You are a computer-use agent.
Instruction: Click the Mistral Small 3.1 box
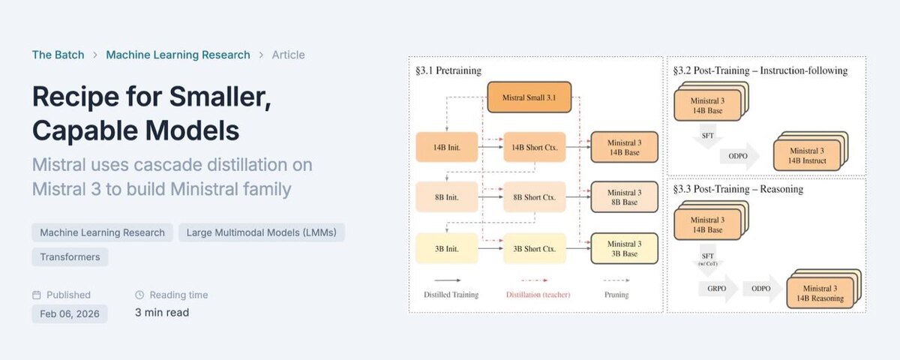529,97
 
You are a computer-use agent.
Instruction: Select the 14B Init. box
448,148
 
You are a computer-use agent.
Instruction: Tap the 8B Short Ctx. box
534,197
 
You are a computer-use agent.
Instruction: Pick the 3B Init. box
448,248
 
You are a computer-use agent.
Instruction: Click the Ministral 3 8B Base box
624,197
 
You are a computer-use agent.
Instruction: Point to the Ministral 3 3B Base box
624,248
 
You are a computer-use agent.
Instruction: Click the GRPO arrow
717,288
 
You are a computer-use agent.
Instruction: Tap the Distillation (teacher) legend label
537,295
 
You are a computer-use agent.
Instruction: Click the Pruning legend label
616,295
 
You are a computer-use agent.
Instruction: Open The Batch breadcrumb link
58,55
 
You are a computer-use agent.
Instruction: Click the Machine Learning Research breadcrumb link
178,55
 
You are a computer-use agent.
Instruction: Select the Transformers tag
70,257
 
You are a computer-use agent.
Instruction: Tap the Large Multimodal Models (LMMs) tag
261,232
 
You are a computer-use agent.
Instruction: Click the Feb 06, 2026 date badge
69,313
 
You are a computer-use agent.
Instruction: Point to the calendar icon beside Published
37,295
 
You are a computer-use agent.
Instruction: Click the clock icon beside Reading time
139,295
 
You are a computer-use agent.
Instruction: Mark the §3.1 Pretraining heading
448,70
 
